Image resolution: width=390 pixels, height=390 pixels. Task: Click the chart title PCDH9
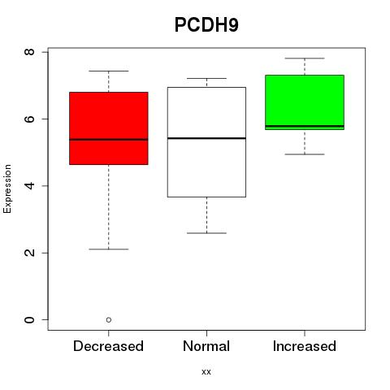click(206, 24)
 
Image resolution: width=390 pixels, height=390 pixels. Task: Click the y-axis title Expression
click(7, 188)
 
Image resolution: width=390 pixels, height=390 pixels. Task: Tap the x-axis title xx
click(206, 372)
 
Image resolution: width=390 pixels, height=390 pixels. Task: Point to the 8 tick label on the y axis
click(29, 51)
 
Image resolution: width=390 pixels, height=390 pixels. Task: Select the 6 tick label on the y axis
click(29, 119)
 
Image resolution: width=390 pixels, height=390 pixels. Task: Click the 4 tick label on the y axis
click(29, 185)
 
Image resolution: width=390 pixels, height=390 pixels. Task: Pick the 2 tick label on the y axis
click(29, 253)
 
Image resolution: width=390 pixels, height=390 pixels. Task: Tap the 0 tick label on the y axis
click(29, 319)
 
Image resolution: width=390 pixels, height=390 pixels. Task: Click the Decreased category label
click(108, 346)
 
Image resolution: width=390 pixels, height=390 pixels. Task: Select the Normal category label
click(206, 346)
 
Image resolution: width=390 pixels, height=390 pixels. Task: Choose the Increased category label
click(305, 346)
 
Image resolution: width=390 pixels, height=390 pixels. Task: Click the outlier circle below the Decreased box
click(109, 320)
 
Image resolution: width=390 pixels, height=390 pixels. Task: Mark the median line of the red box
click(109, 140)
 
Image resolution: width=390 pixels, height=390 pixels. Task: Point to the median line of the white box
click(206, 138)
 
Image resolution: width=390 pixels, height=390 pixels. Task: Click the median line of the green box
click(305, 126)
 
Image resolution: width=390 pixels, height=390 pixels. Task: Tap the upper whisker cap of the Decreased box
click(109, 71)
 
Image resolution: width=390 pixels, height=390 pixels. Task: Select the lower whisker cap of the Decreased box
click(109, 249)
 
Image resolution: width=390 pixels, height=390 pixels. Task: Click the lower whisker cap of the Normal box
click(206, 233)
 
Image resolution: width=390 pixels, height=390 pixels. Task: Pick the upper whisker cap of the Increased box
click(305, 58)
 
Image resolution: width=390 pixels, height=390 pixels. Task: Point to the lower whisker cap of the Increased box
click(305, 154)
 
